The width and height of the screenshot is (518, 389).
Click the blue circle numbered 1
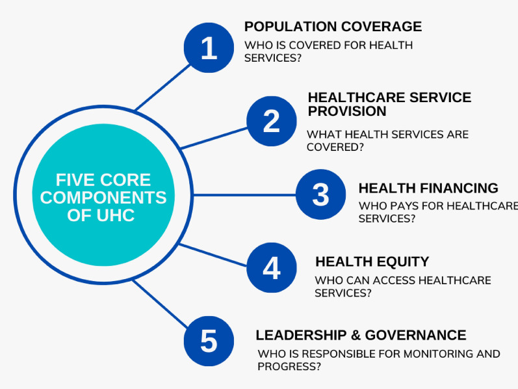click(x=209, y=47)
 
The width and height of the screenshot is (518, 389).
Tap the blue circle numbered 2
click(x=272, y=121)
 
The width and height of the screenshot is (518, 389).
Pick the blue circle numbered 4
click(x=272, y=267)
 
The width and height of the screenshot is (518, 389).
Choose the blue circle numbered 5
click(x=209, y=341)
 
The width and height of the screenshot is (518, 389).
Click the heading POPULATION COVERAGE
click(x=333, y=27)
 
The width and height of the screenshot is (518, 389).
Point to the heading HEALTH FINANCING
click(x=428, y=188)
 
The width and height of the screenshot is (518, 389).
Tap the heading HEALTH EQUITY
click(x=372, y=262)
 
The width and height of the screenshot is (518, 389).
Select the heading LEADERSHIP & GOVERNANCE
click(x=361, y=335)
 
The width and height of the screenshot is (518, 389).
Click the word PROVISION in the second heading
click(x=347, y=111)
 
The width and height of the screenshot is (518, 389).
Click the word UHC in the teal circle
click(x=114, y=215)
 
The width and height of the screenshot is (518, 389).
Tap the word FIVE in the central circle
click(x=76, y=180)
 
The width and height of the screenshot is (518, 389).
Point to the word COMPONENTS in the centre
click(x=103, y=197)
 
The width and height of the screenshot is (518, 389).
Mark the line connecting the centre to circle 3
click(x=244, y=194)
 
